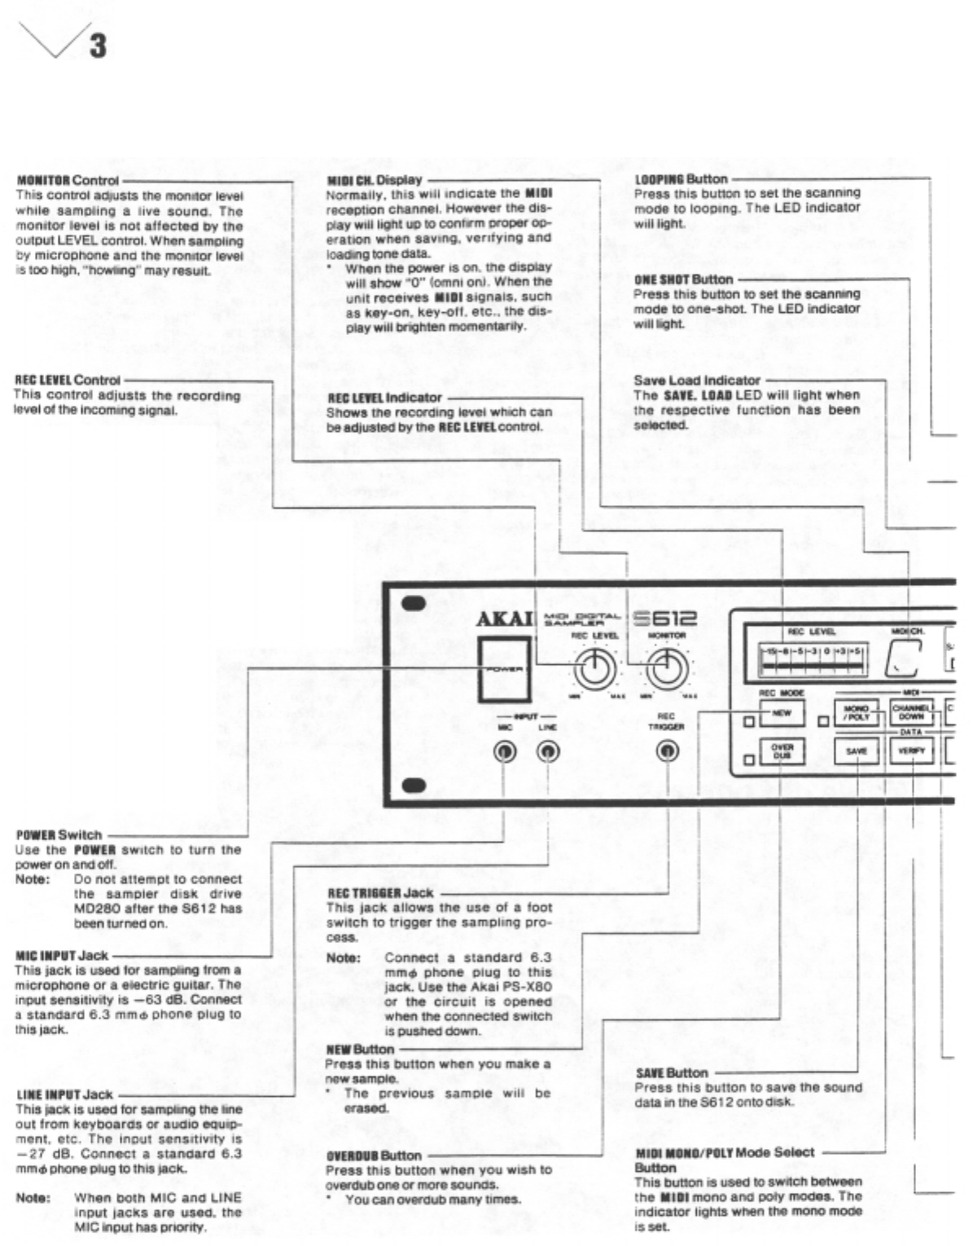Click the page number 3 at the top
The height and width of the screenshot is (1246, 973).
[97, 45]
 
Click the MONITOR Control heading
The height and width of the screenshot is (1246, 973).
[67, 180]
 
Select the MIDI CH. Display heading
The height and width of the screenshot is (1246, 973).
[375, 180]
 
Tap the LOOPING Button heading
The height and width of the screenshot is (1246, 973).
[681, 179]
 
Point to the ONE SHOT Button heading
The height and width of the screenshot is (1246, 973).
[683, 280]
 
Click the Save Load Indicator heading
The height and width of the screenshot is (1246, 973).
[696, 381]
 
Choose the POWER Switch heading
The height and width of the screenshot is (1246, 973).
[59, 834]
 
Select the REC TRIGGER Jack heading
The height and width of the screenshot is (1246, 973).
[380, 893]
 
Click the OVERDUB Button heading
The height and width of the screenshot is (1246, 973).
[374, 1156]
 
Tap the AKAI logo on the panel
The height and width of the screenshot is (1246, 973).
[504, 619]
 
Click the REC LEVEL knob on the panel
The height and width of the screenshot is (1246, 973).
[595, 670]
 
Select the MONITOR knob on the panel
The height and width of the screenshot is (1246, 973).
[667, 670]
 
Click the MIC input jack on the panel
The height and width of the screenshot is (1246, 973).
[505, 751]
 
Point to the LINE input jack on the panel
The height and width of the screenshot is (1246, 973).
[548, 751]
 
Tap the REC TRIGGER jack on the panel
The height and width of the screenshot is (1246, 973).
[668, 751]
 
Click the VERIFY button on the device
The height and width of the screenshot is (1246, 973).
[911, 751]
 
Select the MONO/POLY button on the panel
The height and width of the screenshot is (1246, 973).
[857, 714]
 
